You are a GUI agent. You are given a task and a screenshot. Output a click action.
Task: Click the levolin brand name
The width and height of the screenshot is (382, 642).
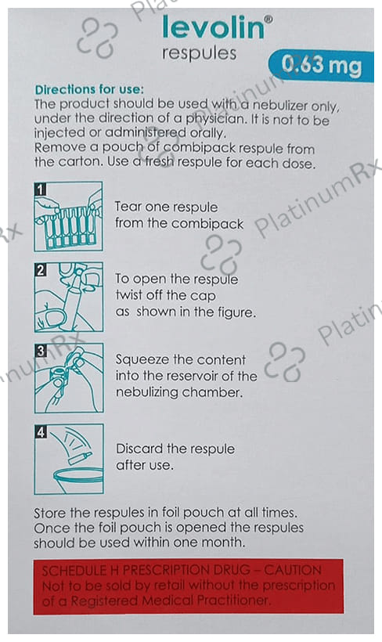(x=214, y=27)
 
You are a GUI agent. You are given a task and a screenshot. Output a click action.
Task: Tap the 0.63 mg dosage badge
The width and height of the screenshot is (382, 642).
(x=322, y=66)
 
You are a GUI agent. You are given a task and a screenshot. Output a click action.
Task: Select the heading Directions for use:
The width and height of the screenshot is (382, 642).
(x=90, y=90)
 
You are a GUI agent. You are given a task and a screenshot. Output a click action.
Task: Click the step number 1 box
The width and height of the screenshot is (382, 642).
(x=40, y=189)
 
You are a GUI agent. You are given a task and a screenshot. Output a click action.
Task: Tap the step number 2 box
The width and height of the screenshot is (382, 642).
(x=40, y=270)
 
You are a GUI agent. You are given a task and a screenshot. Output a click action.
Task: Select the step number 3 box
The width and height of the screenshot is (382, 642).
(x=41, y=351)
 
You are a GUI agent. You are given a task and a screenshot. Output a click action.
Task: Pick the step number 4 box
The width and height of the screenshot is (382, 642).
(x=41, y=432)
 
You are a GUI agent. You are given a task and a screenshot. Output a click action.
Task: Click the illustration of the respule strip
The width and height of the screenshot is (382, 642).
(x=68, y=216)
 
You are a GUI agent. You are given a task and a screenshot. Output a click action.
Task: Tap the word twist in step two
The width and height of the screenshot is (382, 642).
(x=128, y=295)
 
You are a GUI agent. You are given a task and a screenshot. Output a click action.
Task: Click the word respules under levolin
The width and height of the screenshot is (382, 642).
(x=199, y=54)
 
